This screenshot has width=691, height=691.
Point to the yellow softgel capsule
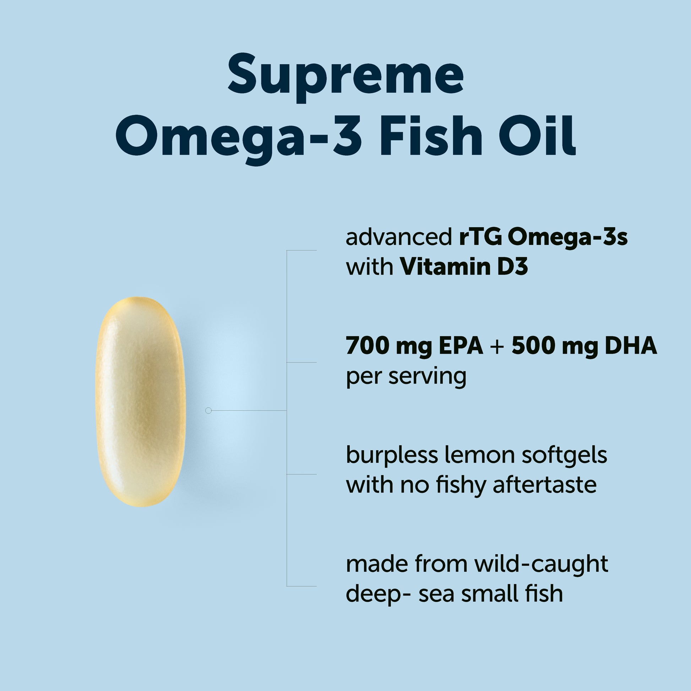pyautogui.click(x=140, y=402)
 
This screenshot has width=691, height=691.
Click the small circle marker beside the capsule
pyautogui.click(x=208, y=410)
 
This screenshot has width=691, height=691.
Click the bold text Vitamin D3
pyautogui.click(x=464, y=267)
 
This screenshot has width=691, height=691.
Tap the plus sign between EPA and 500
pyautogui.click(x=497, y=347)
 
